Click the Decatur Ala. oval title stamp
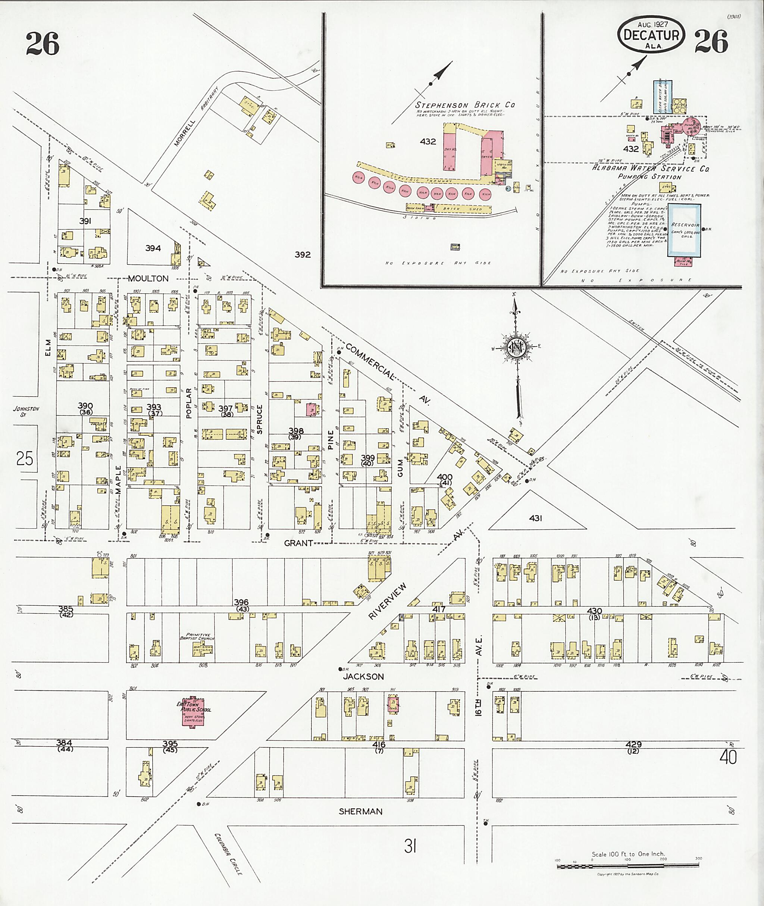pyautogui.click(x=651, y=35)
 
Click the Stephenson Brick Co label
pyautogui.click(x=465, y=105)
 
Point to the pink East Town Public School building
pyautogui.click(x=194, y=711)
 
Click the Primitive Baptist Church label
pyautogui.click(x=197, y=636)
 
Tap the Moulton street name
pyautogui.click(x=148, y=279)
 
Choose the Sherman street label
pyautogui.click(x=360, y=812)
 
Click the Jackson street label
pyautogui.click(x=363, y=677)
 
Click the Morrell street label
pyautogui.click(x=185, y=132)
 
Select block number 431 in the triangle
pyautogui.click(x=535, y=518)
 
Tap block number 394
pyautogui.click(x=153, y=248)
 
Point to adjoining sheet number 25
pyautogui.click(x=24, y=458)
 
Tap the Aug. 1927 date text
pyautogui.click(x=652, y=24)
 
